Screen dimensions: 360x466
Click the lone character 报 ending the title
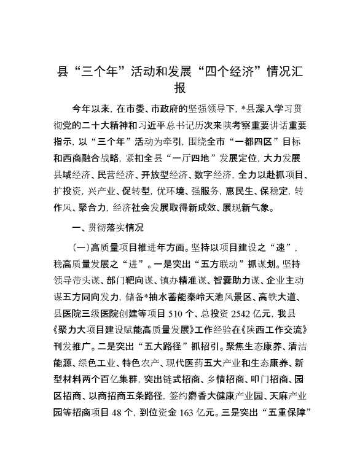(180, 88)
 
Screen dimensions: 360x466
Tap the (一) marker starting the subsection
(80, 249)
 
